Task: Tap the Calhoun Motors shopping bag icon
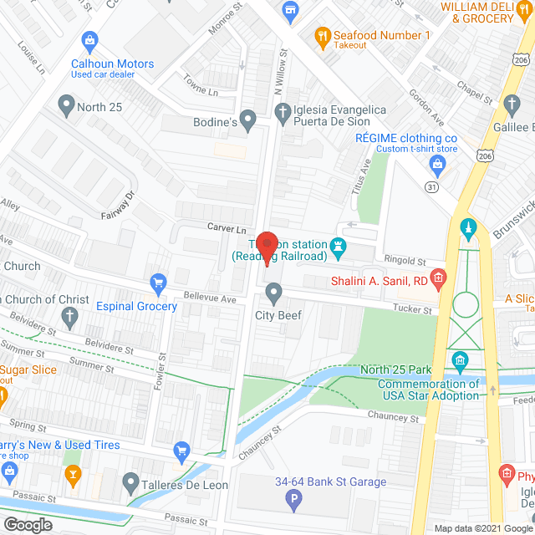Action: coord(88,40)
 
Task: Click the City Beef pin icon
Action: coord(273,293)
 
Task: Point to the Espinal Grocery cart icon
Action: coord(156,283)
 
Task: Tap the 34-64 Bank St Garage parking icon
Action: coord(293,502)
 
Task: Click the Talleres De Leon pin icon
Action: coord(130,481)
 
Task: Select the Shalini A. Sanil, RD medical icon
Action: coord(437,277)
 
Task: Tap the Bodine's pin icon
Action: coord(248,120)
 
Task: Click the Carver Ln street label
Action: coord(228,227)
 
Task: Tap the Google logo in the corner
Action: coord(27,524)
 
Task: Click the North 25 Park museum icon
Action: coord(459,361)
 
